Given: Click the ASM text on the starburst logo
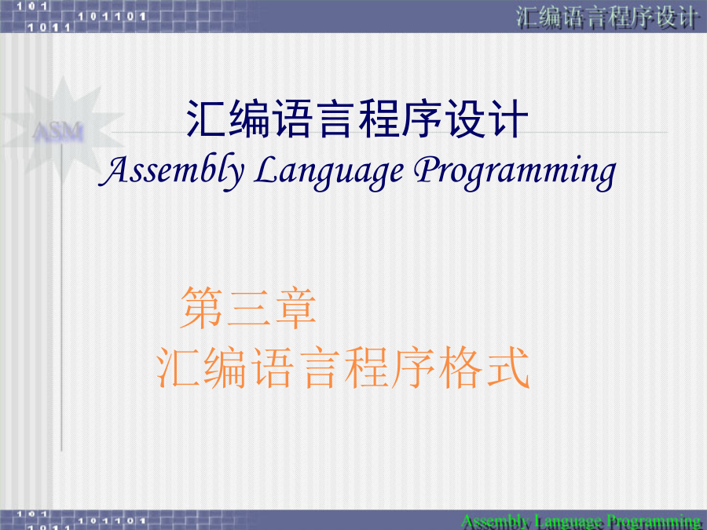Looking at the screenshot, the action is [57, 132].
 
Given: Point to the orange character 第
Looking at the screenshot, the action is [201, 309].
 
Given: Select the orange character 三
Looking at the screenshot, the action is [248, 309].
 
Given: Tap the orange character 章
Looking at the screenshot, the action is [295, 309].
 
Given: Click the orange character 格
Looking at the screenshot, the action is [460, 367].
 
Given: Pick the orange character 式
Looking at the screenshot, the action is [508, 367].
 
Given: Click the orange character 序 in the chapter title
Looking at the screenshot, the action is [413, 367].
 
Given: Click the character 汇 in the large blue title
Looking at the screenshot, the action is [206, 119].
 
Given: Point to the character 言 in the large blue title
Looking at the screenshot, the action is [335, 119].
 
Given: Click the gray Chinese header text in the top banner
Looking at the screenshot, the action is [607, 17].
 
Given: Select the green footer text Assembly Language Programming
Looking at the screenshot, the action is [581, 521].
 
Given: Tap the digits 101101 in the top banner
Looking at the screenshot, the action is [112, 16].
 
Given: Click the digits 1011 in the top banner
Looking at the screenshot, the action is [49, 27].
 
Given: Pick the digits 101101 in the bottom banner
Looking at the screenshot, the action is [112, 521].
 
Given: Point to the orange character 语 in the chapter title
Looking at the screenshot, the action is [273, 367].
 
